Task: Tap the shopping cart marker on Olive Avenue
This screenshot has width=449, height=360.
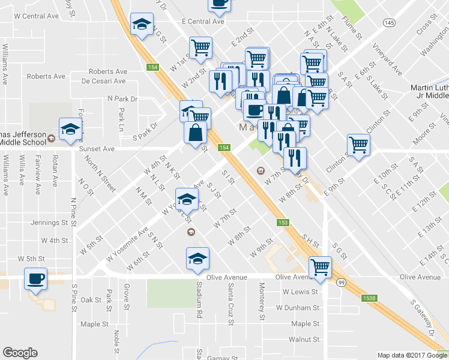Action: (320, 268)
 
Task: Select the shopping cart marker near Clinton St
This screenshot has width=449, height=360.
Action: (358, 145)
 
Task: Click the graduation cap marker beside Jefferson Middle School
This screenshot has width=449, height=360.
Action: (70, 128)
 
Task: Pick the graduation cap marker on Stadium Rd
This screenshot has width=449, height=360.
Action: (197, 258)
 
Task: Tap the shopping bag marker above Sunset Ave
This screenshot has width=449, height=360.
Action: (196, 133)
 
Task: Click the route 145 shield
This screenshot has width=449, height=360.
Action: (390, 22)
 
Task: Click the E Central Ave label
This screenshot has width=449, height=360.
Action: (203, 21)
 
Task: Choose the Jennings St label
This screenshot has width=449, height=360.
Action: (49, 222)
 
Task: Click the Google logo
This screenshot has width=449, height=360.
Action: (20, 353)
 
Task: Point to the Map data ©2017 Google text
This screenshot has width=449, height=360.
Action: (412, 355)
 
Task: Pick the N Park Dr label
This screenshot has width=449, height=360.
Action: (122, 98)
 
